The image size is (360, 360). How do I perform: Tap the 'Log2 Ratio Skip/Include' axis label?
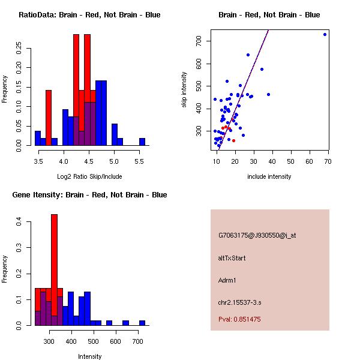click(x=89, y=176)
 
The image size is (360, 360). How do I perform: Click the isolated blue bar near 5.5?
click(x=142, y=142)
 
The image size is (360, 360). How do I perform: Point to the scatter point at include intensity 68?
click(x=325, y=34)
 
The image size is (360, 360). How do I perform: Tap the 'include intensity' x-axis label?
click(x=269, y=176)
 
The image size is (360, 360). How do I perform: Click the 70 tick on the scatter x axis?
click(x=328, y=161)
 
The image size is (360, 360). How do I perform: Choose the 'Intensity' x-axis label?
click(x=90, y=356)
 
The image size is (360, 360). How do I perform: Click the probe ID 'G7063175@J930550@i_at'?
click(x=257, y=235)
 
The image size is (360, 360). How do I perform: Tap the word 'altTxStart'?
click(x=232, y=258)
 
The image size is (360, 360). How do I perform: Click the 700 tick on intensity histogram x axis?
click(x=137, y=341)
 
